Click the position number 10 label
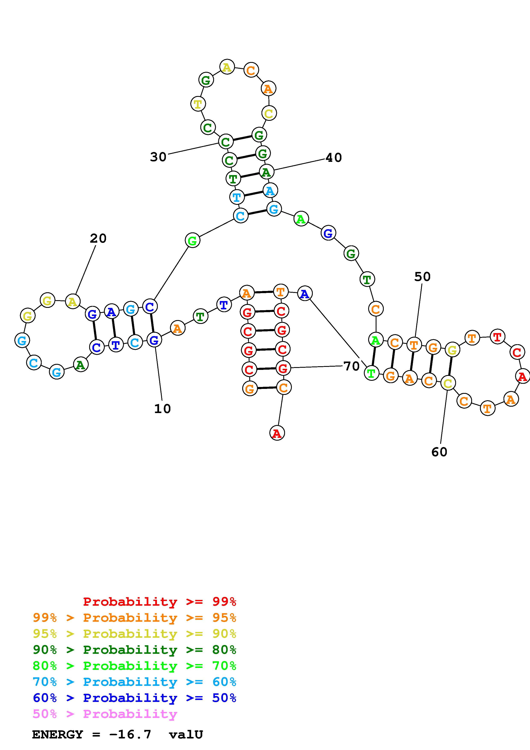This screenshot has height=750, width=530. [162, 409]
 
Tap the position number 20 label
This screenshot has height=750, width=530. [98, 238]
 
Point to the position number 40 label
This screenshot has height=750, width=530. [333, 158]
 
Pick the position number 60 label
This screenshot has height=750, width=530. [439, 452]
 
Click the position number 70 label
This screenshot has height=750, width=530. [351, 366]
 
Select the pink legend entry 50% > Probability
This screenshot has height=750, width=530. [105, 714]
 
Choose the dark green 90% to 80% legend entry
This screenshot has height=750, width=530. [134, 650]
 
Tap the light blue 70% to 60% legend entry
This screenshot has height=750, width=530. [134, 682]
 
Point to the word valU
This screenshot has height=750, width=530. [186, 735]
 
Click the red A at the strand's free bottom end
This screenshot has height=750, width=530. [277, 433]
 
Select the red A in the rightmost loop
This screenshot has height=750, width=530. [522, 377]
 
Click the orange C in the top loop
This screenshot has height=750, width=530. [251, 70]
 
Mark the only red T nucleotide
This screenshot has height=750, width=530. [497, 337]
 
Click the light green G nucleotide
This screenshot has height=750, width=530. [192, 241]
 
